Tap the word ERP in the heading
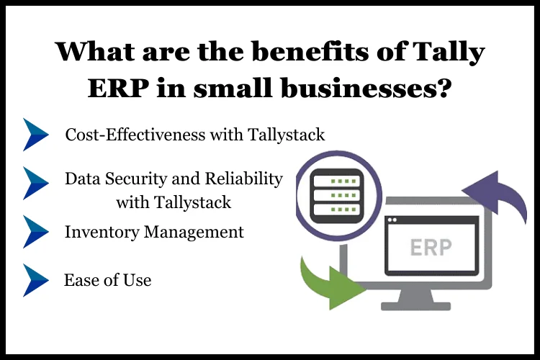[119, 88]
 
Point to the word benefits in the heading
[310, 51]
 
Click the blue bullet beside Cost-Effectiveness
[35, 135]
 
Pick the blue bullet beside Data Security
[35, 183]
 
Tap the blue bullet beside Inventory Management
[35, 232]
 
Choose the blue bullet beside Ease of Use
[35, 280]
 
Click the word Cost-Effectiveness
[135, 135]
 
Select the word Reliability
[244, 179]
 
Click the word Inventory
[102, 232]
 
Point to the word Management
[194, 233]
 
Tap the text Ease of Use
[108, 280]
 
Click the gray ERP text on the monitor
[431, 248]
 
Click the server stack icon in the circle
[337, 196]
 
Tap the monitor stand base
[415, 306]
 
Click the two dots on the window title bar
[392, 220]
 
